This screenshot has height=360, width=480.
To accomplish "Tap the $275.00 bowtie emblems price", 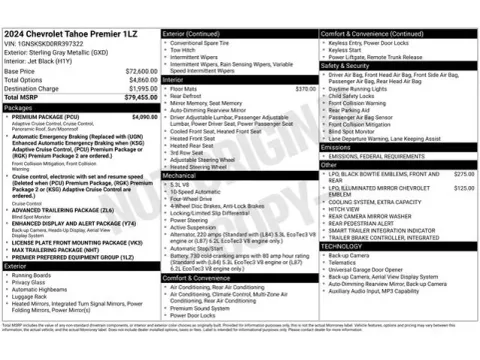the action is (463, 174).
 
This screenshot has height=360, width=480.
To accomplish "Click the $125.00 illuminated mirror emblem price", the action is (463, 187).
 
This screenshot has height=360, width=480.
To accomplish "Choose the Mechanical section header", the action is (181, 175).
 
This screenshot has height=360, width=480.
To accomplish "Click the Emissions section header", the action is (337, 147).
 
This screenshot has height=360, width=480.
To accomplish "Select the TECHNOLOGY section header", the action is (342, 246).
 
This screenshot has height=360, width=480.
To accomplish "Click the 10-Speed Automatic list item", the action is (196, 191).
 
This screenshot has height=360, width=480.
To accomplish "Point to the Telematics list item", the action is (343, 262).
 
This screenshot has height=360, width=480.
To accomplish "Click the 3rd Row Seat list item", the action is (189, 152).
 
